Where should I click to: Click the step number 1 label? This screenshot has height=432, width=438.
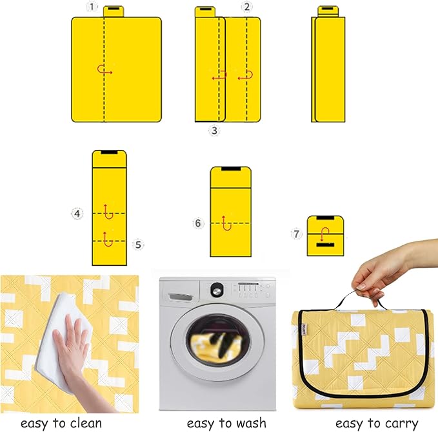click(94, 7)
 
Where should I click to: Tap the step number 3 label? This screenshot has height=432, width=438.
click(214, 131)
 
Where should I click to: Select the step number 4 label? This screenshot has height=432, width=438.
click(77, 213)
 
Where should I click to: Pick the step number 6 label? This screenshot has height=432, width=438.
click(198, 223)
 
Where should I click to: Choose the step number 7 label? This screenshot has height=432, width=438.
click(297, 234)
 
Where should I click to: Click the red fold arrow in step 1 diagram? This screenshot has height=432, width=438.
click(104, 70)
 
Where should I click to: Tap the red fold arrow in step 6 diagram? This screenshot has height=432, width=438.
click(225, 222)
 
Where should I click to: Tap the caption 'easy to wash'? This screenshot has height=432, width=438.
click(226, 422)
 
